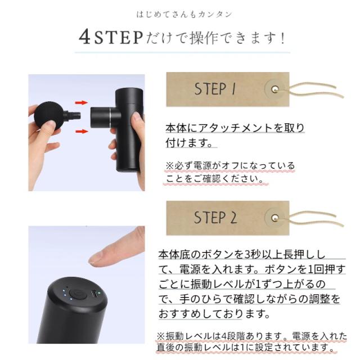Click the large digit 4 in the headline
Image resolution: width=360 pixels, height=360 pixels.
click(x=84, y=37)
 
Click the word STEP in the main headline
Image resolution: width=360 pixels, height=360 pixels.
click(x=119, y=38)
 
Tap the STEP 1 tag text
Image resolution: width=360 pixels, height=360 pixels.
click(x=215, y=89)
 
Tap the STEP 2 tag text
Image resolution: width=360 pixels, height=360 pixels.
click(x=215, y=218)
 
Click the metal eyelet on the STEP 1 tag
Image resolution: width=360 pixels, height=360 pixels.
click(x=275, y=89)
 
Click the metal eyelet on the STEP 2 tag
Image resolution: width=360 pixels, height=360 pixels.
click(x=275, y=218)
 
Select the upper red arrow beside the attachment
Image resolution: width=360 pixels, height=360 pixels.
click(x=82, y=102)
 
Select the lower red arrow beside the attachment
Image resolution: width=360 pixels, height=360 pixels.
click(x=82, y=131)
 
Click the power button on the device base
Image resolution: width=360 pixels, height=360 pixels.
click(x=78, y=294)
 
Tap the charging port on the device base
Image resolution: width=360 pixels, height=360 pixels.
click(x=94, y=294)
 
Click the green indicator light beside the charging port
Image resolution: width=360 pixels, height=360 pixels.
click(x=100, y=292)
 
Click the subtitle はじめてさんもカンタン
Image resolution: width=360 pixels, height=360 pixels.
click(x=184, y=15)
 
